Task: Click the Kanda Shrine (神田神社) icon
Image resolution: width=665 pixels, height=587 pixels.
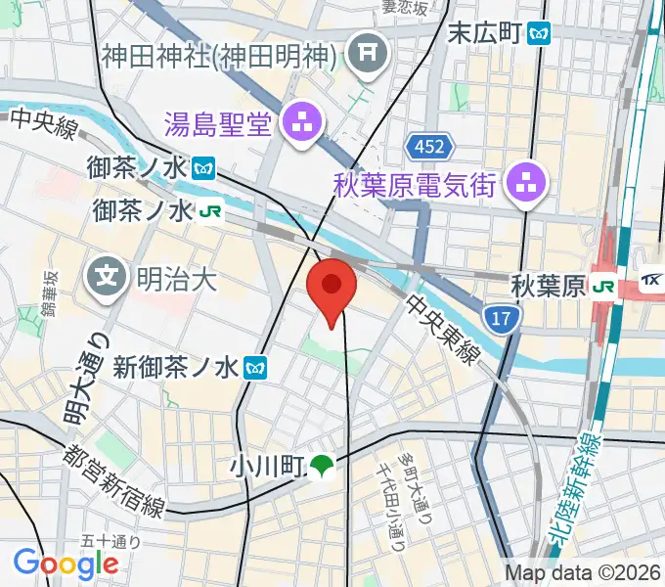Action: click(369, 53)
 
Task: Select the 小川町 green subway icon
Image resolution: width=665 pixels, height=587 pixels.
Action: click(322, 466)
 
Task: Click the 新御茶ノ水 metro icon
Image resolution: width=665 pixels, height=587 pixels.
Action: click(258, 368)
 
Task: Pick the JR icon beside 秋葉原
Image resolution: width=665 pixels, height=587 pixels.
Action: click(605, 287)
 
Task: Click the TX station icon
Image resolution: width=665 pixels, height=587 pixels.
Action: click(652, 281)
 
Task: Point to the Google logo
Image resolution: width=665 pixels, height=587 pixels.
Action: click(66, 563)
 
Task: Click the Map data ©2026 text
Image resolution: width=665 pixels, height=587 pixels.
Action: click(583, 573)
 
